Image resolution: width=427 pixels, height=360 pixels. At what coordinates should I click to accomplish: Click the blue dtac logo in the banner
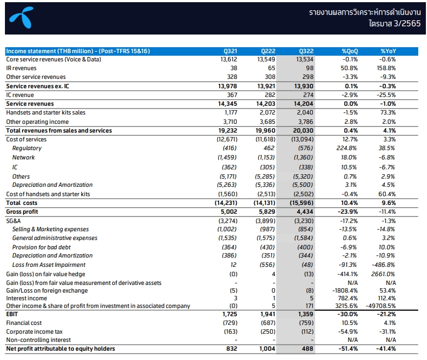(x=21, y=17)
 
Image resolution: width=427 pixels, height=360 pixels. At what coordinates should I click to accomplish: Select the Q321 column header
(x=230, y=51)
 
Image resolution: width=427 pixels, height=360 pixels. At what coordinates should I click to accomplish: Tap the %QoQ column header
(x=350, y=51)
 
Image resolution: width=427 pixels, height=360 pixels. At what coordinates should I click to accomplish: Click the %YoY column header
(x=388, y=51)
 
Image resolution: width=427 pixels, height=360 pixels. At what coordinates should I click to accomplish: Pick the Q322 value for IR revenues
(x=310, y=68)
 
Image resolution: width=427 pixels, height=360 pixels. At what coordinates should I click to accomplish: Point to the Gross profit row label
(x=22, y=212)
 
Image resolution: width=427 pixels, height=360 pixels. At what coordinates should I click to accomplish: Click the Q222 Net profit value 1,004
(x=267, y=348)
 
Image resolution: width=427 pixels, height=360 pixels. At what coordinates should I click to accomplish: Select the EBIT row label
(x=12, y=314)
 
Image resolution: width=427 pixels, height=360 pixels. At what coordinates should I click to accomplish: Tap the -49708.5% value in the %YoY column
(x=381, y=306)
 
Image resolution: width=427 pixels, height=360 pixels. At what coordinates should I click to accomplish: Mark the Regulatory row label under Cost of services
(x=27, y=148)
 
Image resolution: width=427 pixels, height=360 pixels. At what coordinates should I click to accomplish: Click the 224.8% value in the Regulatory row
(x=346, y=148)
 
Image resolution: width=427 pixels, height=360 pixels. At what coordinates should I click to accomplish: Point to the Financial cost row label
(x=24, y=323)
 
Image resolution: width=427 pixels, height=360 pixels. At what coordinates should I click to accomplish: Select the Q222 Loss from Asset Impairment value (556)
(x=267, y=265)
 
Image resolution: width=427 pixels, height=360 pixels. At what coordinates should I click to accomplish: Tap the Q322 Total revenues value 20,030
(x=303, y=130)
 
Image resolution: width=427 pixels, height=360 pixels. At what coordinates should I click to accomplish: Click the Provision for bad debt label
(x=42, y=247)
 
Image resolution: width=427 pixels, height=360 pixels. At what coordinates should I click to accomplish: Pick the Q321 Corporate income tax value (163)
(x=231, y=332)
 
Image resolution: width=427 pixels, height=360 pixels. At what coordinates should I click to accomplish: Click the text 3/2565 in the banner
(x=407, y=24)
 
